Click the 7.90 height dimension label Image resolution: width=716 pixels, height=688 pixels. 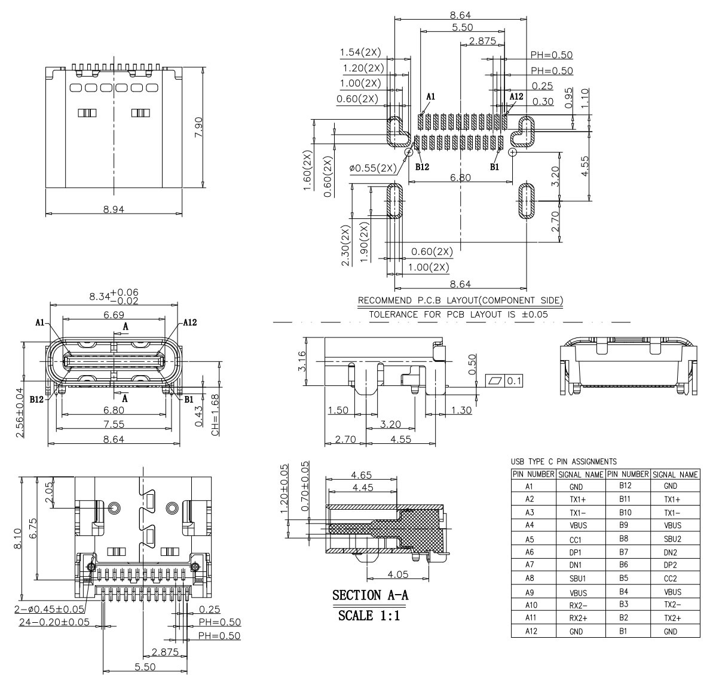(x=198, y=127)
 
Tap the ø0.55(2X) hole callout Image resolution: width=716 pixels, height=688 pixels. (x=373, y=168)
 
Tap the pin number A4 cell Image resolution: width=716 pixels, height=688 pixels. (x=529, y=525)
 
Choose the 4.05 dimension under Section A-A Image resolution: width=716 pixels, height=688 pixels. (x=397, y=574)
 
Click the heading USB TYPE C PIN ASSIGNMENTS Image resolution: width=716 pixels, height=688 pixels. (x=564, y=462)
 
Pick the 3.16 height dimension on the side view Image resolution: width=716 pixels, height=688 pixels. (x=302, y=361)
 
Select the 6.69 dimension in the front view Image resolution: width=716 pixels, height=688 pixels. (x=114, y=315)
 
